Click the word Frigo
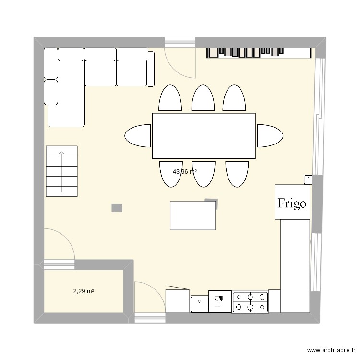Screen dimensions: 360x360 tap(292, 203)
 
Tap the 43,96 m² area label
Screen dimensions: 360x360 tap(185, 171)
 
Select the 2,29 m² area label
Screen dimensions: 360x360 tap(83, 291)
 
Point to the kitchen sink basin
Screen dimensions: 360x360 tap(199, 302)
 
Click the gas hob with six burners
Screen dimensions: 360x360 tap(250, 301)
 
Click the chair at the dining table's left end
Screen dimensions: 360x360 tap(138, 135)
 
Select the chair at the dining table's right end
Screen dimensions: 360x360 tap(268, 135)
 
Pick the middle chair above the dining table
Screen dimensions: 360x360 tap(203, 98)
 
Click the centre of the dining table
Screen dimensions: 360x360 tap(204, 136)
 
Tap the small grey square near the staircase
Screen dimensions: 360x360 tap(117, 208)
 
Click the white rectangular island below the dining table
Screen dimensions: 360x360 tap(192, 216)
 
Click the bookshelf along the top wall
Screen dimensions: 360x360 tap(245, 51)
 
